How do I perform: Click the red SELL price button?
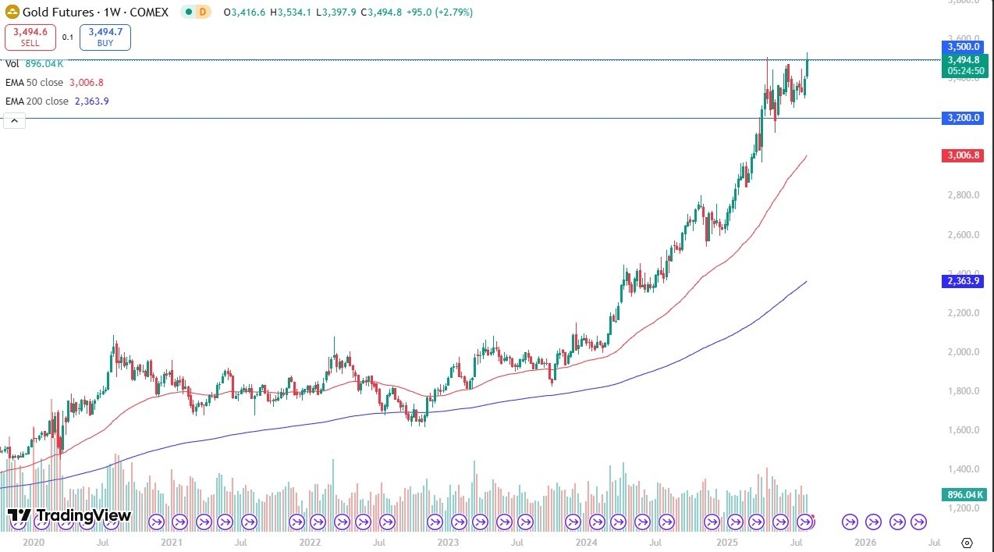click(x=30, y=37)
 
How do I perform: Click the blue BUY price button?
click(x=105, y=37)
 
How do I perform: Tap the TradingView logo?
click(x=69, y=516)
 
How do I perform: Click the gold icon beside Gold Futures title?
click(x=12, y=12)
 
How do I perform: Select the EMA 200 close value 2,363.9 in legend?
click(x=91, y=101)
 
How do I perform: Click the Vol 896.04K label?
click(x=35, y=64)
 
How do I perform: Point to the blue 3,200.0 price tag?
click(x=964, y=118)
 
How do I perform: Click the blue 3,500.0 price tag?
click(x=964, y=47)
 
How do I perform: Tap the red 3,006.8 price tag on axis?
click(x=964, y=156)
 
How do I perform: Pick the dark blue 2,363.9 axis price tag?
click(x=964, y=281)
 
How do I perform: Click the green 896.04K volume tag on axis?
click(x=964, y=495)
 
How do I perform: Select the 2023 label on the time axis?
click(x=448, y=542)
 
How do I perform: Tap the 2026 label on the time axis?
click(x=864, y=542)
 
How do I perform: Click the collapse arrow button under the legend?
click(x=14, y=120)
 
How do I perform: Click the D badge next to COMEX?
click(x=203, y=12)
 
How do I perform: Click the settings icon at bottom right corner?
click(x=967, y=543)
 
